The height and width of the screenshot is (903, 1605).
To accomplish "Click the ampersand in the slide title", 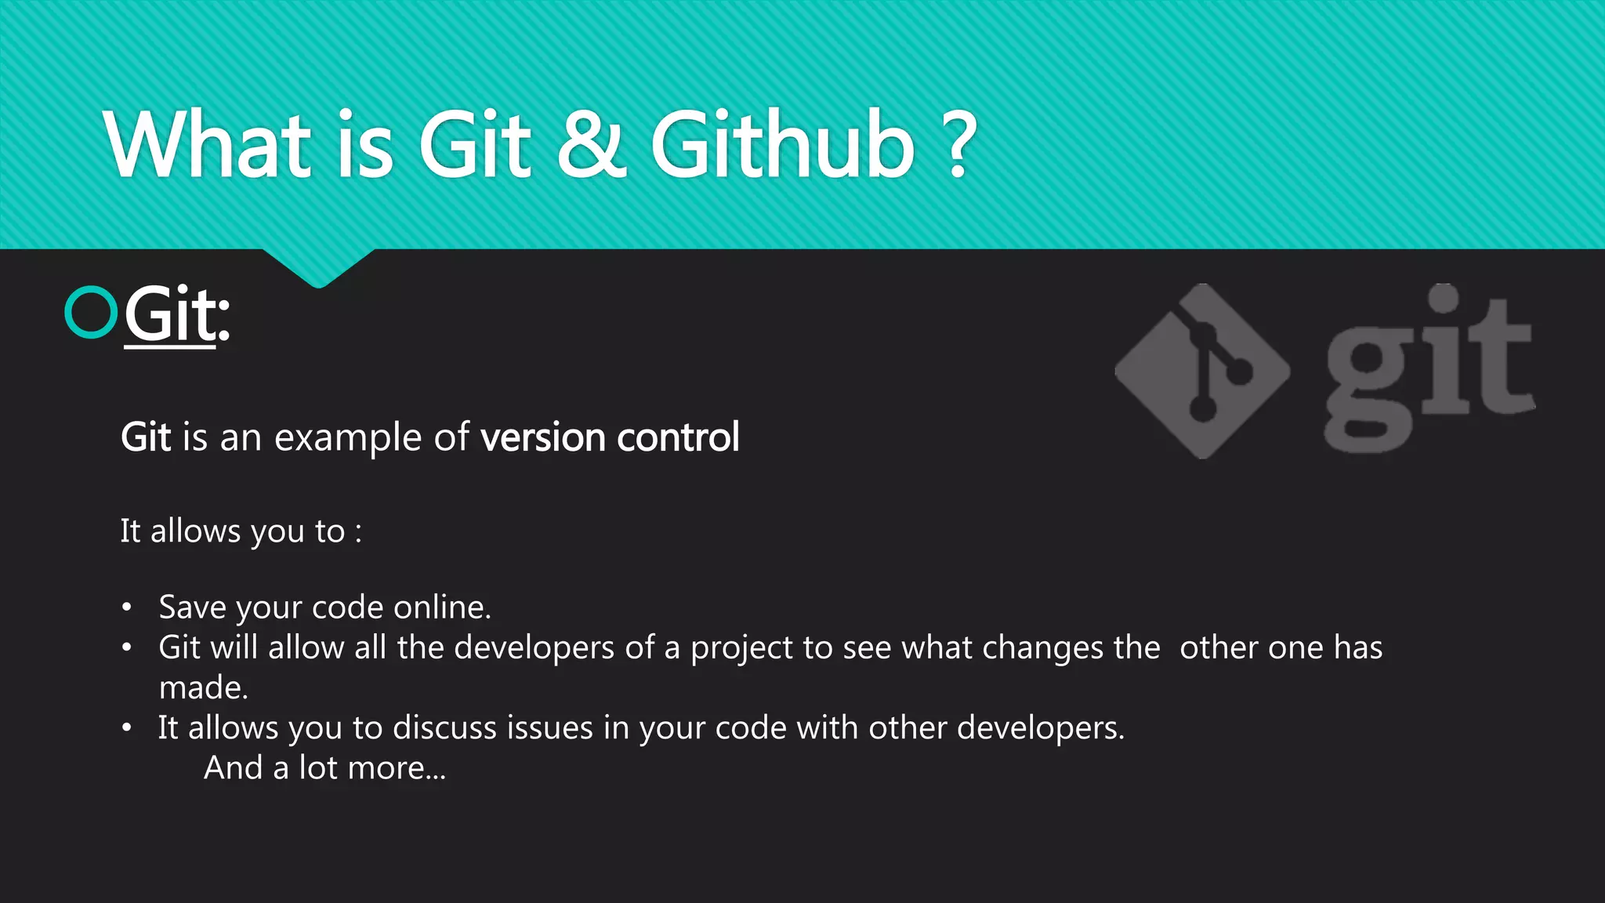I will click(592, 145).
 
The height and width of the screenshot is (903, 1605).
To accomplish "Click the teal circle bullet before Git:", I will click(91, 313).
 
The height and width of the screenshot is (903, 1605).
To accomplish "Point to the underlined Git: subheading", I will click(176, 315).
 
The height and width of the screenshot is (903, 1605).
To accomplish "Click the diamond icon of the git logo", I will click(1201, 371).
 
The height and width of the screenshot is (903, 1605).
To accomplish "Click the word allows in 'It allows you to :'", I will click(195, 531).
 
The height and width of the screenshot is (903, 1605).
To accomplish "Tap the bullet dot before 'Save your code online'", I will click(127, 607).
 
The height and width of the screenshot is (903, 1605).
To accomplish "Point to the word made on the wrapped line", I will click(203, 688).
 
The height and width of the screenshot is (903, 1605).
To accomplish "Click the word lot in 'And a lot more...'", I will click(317, 768).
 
